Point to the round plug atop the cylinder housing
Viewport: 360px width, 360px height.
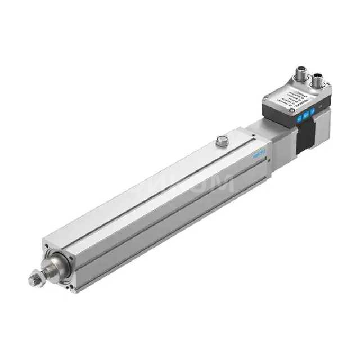tap(221, 141)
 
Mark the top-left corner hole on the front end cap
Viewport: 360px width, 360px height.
tap(46, 246)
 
